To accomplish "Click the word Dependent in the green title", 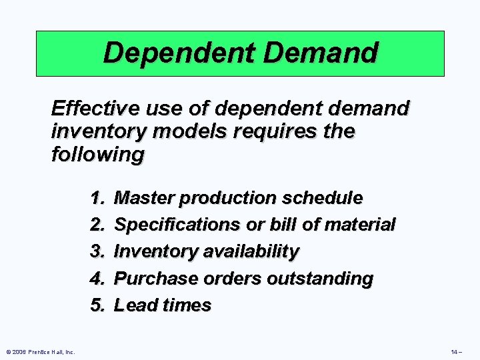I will tap(171, 52).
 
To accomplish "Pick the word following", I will tap(97, 155).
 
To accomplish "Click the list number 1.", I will tap(98, 198).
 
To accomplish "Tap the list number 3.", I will tap(98, 251).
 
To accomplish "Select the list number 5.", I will tap(98, 305).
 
